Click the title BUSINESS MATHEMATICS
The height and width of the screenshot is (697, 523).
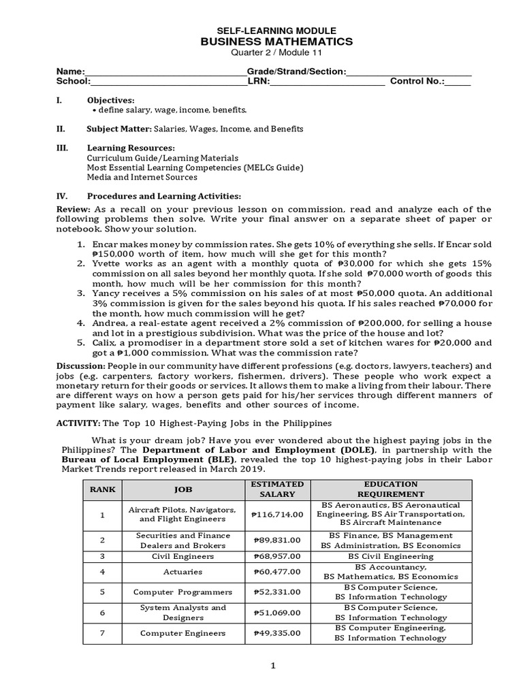click(x=276, y=42)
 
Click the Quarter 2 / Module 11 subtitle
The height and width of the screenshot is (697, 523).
click(x=276, y=54)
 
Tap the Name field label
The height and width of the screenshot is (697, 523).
click(x=70, y=71)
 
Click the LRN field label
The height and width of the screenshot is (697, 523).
click(x=259, y=82)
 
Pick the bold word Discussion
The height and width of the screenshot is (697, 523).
click(x=81, y=366)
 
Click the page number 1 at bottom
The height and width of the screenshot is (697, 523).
click(x=273, y=666)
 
